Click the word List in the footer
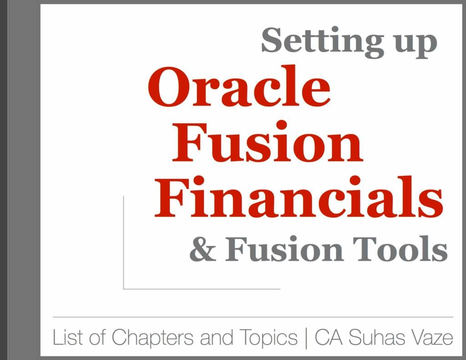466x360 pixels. click(66, 338)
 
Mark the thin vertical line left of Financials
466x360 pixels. click(123, 241)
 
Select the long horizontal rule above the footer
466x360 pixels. click(253, 316)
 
